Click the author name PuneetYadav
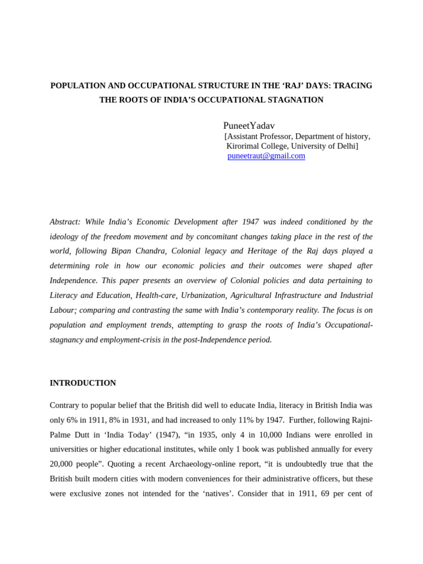pyautogui.click(x=249, y=126)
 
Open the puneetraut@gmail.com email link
pyautogui.click(x=266, y=156)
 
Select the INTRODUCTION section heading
pyautogui.click(x=83, y=383)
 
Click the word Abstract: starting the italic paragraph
pyautogui.click(x=65, y=222)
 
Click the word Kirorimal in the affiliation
pyautogui.click(x=246, y=146)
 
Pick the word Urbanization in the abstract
pyautogui.click(x=203, y=295)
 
